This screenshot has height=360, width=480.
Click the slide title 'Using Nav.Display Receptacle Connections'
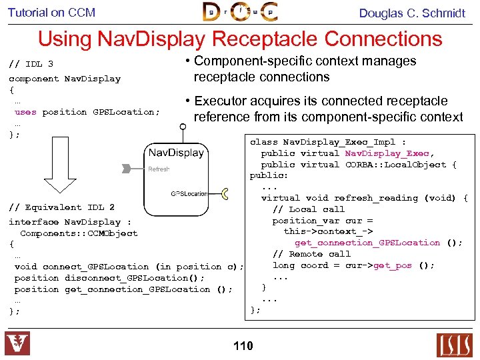pyautogui.click(x=240, y=39)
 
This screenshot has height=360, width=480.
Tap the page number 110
pyautogui.click(x=243, y=345)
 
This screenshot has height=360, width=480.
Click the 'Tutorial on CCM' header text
pyautogui.click(x=51, y=12)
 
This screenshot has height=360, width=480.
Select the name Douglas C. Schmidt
pyautogui.click(x=412, y=13)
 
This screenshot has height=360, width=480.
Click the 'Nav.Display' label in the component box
pyautogui.click(x=176, y=153)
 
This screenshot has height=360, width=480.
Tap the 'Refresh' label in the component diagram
pyautogui.click(x=159, y=169)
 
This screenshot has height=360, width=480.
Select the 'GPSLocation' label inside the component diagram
pyautogui.click(x=189, y=194)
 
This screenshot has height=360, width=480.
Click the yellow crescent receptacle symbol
pyautogui.click(x=225, y=194)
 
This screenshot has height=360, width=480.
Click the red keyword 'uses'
pyautogui.click(x=25, y=112)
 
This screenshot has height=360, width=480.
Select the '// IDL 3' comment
pyautogui.click(x=31, y=65)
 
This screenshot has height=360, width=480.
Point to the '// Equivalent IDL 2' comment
pyautogui.click(x=61, y=207)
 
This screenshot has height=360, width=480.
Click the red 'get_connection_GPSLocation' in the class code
pyautogui.click(x=367, y=243)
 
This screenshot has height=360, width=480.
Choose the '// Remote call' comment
pyautogui.click(x=311, y=254)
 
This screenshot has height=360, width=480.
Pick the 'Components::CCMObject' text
pyautogui.click(x=79, y=233)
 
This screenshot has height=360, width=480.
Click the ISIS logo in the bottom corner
pyautogui.click(x=453, y=345)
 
